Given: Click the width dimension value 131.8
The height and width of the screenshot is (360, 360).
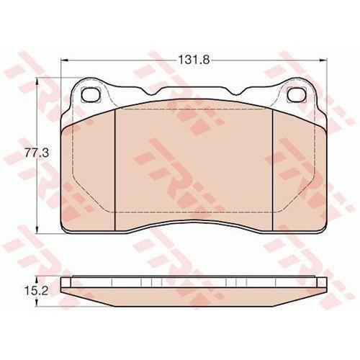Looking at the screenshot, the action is click(x=194, y=60).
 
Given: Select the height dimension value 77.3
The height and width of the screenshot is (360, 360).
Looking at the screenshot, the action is click(x=37, y=153).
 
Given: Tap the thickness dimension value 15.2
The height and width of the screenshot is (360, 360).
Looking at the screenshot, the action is click(x=37, y=291).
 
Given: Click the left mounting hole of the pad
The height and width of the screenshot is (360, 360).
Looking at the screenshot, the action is click(x=91, y=94).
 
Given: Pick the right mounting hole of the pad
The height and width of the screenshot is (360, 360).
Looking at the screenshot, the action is click(x=297, y=94).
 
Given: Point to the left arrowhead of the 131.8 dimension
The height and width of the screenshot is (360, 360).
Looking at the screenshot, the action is click(x=65, y=60).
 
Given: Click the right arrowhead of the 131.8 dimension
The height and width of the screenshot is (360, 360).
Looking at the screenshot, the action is click(x=323, y=60).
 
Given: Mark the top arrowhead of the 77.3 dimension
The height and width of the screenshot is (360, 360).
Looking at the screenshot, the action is click(x=37, y=81).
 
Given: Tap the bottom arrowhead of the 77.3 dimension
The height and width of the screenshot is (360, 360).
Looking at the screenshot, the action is click(x=37, y=229).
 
